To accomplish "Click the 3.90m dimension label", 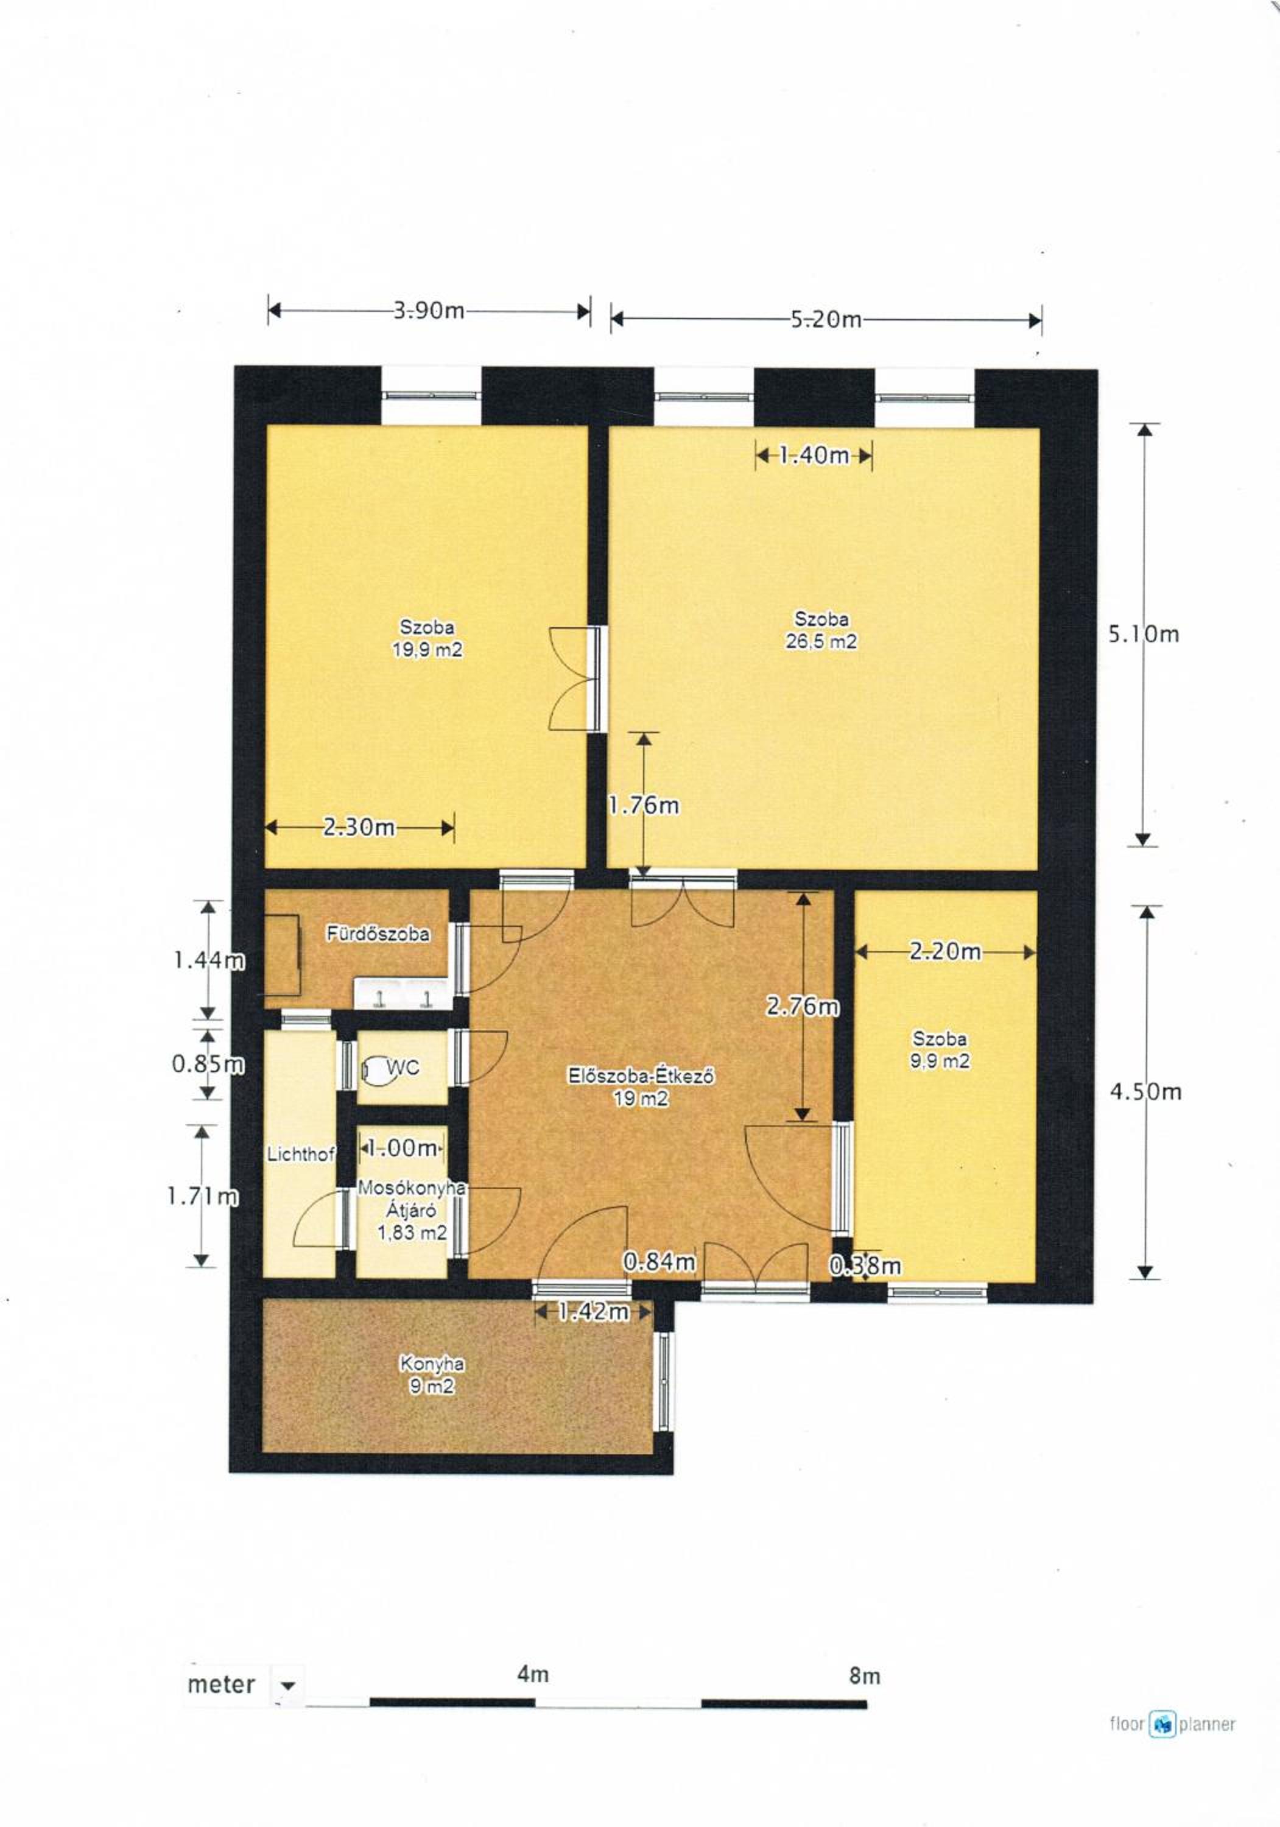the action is pyautogui.click(x=429, y=311).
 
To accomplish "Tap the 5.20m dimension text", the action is pyautogui.click(x=826, y=320).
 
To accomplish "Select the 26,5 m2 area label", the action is pyautogui.click(x=821, y=641).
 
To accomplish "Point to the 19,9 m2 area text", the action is pyautogui.click(x=427, y=649).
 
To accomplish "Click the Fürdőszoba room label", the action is pyautogui.click(x=379, y=934).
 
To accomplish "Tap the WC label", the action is pyautogui.click(x=403, y=1067).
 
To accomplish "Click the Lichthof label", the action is pyautogui.click(x=301, y=1154).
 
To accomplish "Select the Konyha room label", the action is pyautogui.click(x=432, y=1364).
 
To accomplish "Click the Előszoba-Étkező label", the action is pyautogui.click(x=641, y=1077).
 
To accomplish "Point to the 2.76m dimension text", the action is pyautogui.click(x=802, y=1007).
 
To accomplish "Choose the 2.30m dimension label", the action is pyautogui.click(x=359, y=827).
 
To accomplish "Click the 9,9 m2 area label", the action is pyautogui.click(x=940, y=1061).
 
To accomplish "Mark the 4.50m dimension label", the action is pyautogui.click(x=1145, y=1092).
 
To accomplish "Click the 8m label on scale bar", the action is pyautogui.click(x=865, y=1676).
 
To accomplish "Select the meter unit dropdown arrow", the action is pyautogui.click(x=288, y=1685).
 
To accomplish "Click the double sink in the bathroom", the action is pyautogui.click(x=404, y=994).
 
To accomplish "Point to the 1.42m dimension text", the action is pyautogui.click(x=594, y=1311).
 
